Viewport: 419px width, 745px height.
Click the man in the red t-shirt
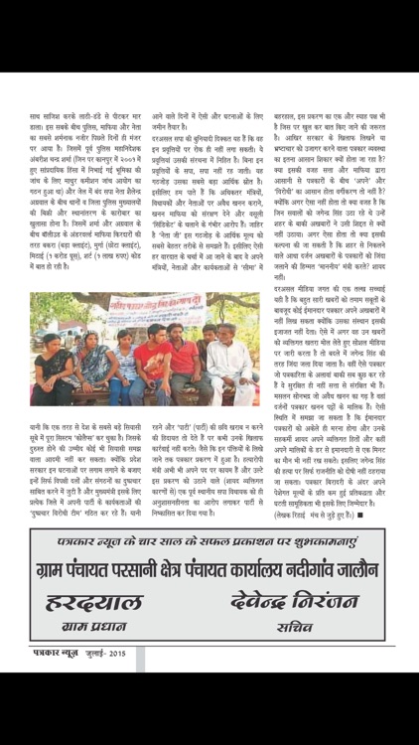tap(152, 363)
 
